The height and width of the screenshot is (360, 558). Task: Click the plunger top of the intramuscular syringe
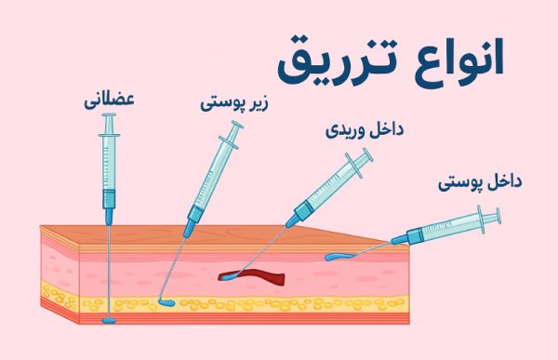point(110,115)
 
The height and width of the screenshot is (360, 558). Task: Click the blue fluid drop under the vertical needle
point(110,321)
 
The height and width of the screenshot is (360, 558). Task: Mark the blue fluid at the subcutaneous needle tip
point(166,303)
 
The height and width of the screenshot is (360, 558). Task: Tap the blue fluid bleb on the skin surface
point(339,256)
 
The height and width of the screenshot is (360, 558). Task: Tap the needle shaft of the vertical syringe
point(110,270)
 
